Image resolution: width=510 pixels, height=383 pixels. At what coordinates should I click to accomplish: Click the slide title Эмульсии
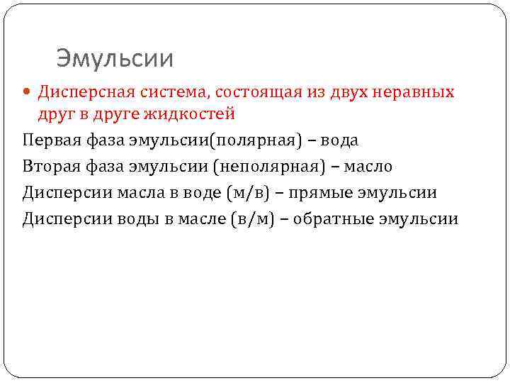[115, 58]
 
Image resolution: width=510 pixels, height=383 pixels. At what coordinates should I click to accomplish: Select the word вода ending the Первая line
[340, 140]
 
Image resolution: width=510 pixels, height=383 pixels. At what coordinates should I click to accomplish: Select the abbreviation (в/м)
[252, 218]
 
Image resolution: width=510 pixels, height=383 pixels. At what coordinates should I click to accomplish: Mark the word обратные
[336, 218]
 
